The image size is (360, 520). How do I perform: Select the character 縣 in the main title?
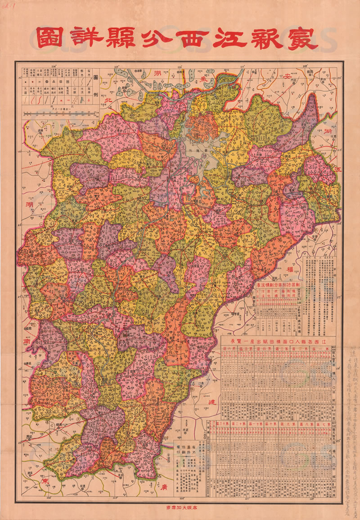pyautogui.click(x=119, y=39)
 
